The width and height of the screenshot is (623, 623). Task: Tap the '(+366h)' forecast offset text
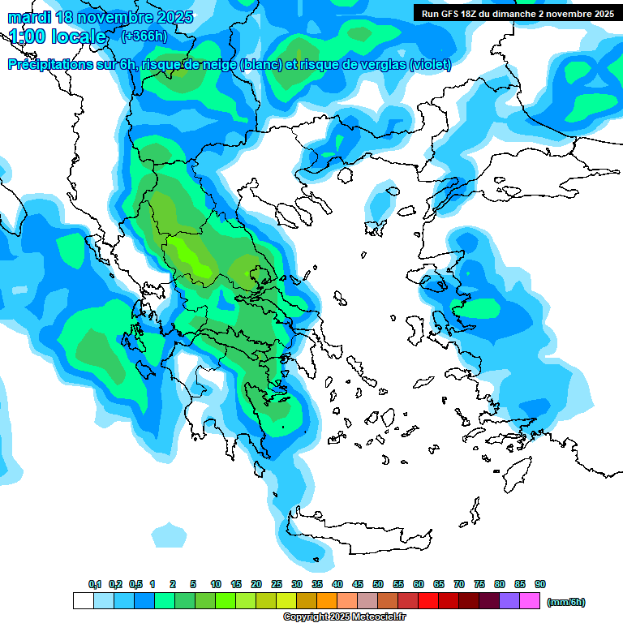coord(144,37)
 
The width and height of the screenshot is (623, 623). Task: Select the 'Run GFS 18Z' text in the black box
coord(449,13)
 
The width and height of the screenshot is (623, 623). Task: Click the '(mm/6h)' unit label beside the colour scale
coord(565,602)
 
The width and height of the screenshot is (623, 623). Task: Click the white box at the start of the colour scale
coord(83,601)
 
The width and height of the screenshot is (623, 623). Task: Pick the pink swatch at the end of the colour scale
coord(530,601)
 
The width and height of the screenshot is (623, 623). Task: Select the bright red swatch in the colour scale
coord(428,601)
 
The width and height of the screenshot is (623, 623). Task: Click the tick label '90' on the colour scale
coord(540,584)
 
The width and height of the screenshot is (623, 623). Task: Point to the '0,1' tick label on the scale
coord(94,584)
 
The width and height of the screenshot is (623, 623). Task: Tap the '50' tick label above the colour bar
coord(378,584)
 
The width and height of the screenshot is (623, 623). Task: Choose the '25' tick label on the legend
coord(277,584)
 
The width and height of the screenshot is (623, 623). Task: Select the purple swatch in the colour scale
coord(509,601)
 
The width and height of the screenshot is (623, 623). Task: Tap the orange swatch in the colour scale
coord(327,601)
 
